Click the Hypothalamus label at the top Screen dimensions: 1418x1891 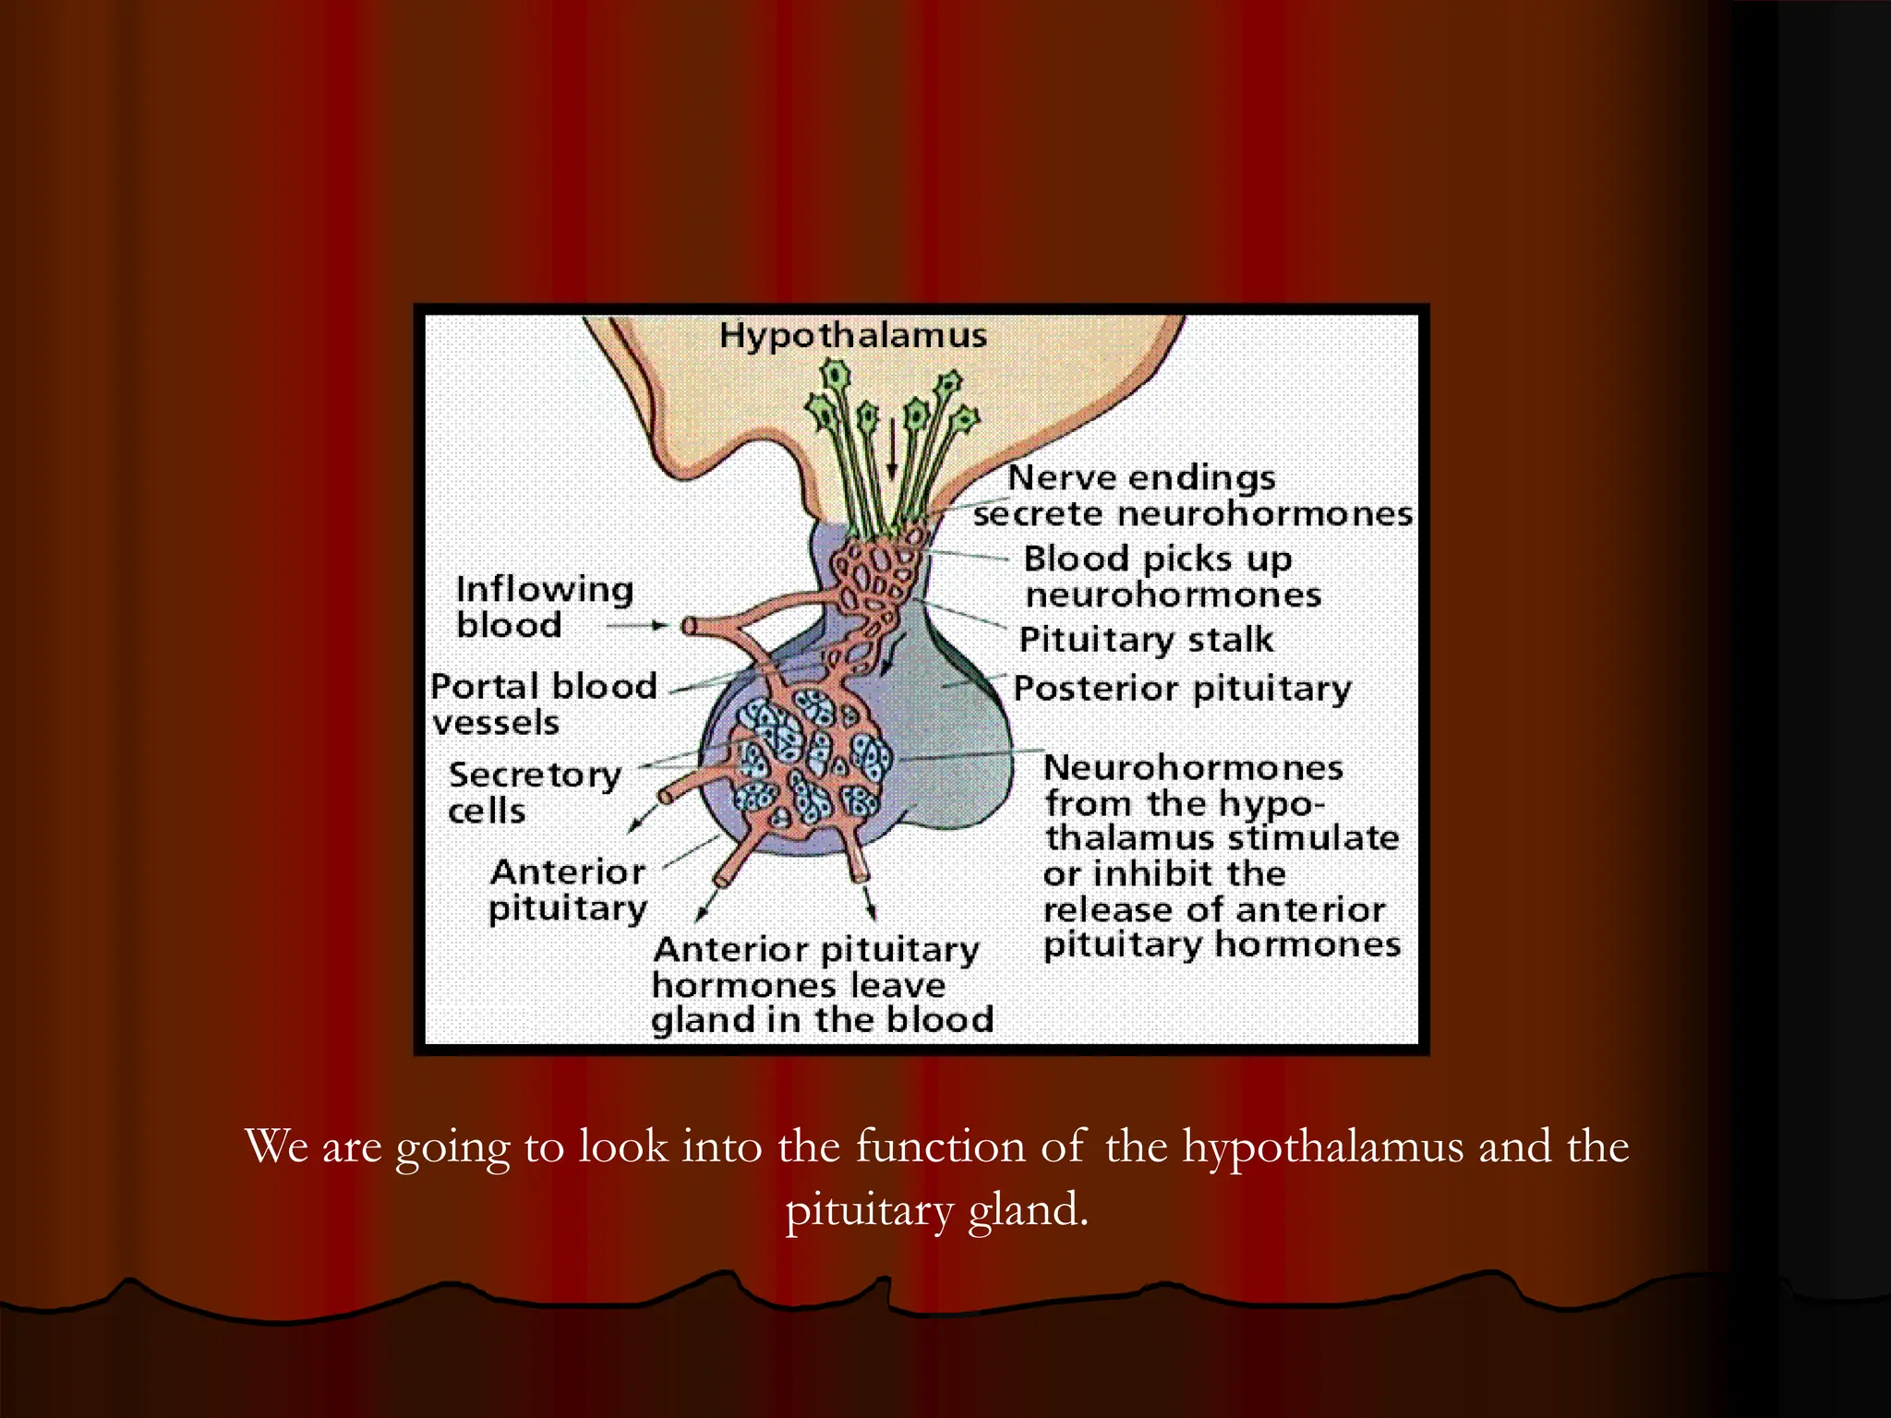point(852,335)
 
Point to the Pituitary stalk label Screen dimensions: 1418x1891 point(1146,639)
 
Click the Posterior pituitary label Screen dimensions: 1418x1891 point(1182,689)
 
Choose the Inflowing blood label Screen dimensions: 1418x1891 point(543,607)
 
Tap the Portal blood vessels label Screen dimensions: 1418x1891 point(543,703)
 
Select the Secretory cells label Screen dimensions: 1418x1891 point(534,792)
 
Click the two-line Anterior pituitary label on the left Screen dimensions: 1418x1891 point(567,890)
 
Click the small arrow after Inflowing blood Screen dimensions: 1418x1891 point(637,626)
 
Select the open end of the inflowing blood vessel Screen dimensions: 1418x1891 point(688,627)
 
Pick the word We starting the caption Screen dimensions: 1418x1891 point(276,1147)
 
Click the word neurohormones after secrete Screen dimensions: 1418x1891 point(1265,514)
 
